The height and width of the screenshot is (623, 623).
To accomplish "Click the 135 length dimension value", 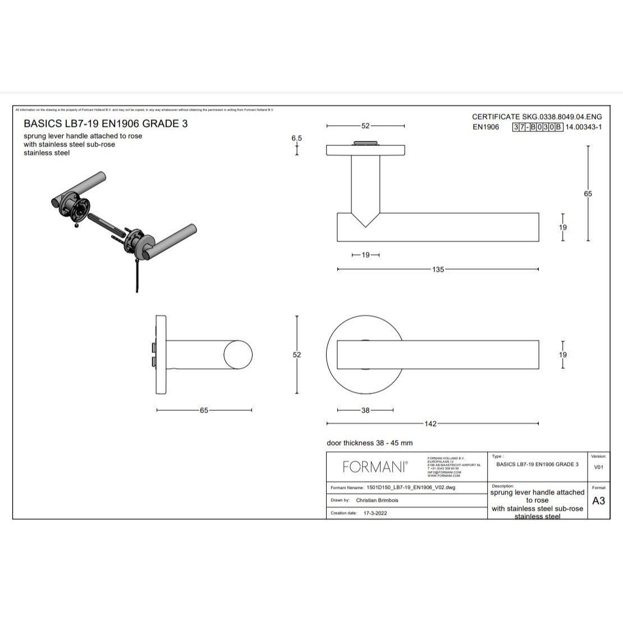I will click(x=438, y=269).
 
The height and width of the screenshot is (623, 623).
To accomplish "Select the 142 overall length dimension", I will click(x=430, y=424).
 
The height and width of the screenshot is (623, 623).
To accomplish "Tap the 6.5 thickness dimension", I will click(x=296, y=138).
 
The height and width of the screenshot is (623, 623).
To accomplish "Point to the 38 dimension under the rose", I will click(x=365, y=410).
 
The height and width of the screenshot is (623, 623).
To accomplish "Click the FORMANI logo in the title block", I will click(x=375, y=466).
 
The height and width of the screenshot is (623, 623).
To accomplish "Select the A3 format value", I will click(x=598, y=501).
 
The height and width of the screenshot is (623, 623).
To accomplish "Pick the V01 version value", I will click(x=598, y=467).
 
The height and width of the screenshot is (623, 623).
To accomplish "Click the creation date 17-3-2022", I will click(x=375, y=513).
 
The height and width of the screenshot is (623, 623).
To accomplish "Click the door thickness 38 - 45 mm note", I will click(x=369, y=443).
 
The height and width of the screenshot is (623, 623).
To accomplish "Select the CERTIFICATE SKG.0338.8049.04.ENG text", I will click(x=537, y=117).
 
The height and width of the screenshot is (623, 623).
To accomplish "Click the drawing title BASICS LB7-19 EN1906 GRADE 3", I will click(x=106, y=123).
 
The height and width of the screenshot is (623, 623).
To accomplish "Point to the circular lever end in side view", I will click(x=238, y=355).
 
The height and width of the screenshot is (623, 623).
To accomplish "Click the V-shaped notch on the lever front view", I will click(x=365, y=219).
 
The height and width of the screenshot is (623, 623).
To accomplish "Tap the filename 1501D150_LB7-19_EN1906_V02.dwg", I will click(x=410, y=488).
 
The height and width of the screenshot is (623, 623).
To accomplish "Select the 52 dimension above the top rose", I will click(x=365, y=126).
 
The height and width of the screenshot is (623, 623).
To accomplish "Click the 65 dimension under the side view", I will click(x=204, y=410).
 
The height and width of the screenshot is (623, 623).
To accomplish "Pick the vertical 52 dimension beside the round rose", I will click(x=297, y=355).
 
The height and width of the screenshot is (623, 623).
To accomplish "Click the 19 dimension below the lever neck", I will click(x=365, y=255).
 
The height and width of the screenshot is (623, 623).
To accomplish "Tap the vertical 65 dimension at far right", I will click(x=588, y=194).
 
